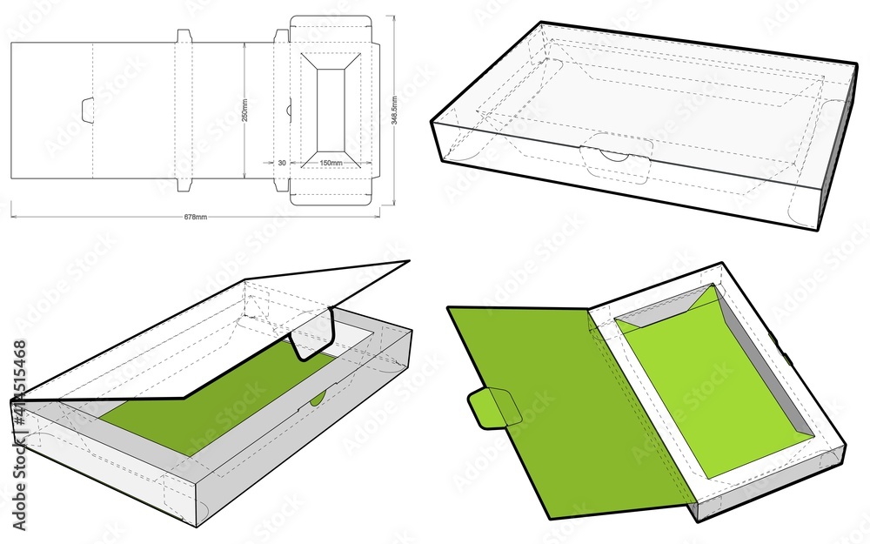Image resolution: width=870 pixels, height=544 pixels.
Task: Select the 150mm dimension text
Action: [x=330, y=163]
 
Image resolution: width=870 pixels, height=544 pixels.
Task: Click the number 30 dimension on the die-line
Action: [x=282, y=163]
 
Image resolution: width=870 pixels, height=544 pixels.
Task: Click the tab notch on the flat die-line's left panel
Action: [x=87, y=111]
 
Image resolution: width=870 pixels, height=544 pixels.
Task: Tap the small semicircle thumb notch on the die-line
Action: [x=289, y=111]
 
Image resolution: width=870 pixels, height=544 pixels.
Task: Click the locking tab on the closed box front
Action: [x=617, y=158]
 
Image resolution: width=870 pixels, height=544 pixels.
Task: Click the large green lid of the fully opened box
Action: [x=565, y=392]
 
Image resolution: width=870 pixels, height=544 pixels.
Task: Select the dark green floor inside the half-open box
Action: [x=217, y=409]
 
